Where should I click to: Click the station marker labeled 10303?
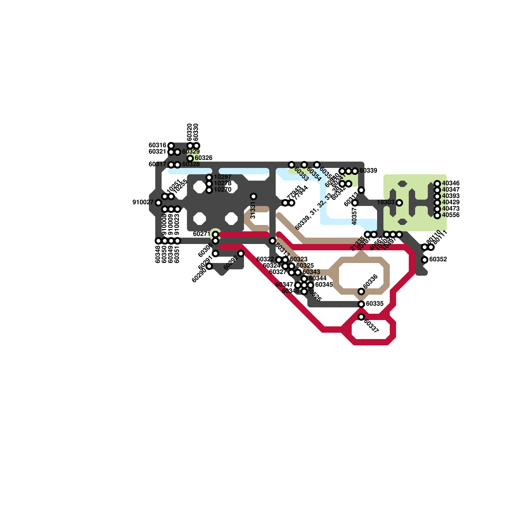[x=399, y=202]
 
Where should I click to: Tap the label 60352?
[x=438, y=260]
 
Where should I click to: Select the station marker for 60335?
[x=361, y=304]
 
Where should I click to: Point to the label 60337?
[x=371, y=326]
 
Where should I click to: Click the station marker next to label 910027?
[x=158, y=202]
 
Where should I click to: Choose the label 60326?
[x=203, y=158]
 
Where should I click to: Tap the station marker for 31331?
[x=253, y=196]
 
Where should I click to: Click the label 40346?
[x=451, y=183]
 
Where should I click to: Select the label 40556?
[x=451, y=215]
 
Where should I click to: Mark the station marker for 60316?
[x=171, y=146]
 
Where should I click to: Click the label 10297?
[x=222, y=177]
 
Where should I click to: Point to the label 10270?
[x=222, y=190]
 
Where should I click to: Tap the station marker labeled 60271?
[x=215, y=234]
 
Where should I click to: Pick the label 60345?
[x=324, y=285]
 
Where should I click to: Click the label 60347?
[x=284, y=285]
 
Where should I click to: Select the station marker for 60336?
[x=361, y=291]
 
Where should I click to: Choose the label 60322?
[x=265, y=259]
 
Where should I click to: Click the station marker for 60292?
[x=241, y=253]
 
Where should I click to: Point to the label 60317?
[x=157, y=164]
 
